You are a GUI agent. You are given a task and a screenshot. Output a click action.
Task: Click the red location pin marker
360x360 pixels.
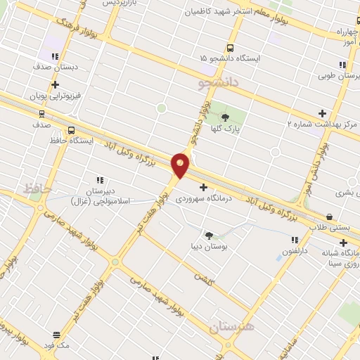(181, 166)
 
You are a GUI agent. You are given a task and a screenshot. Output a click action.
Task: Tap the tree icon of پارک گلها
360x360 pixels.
(226, 117)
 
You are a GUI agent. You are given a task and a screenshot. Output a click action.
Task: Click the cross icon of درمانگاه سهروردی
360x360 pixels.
(204, 188)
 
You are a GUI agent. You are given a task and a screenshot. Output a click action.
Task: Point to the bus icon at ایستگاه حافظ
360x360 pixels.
(70, 130)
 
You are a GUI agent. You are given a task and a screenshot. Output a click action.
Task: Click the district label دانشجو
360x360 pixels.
(219, 83)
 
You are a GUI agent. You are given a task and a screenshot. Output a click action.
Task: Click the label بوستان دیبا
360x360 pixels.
(209, 246)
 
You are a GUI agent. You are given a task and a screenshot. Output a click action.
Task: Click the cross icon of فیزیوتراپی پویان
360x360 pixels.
(54, 84)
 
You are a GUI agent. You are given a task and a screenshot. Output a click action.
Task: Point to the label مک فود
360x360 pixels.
(56, 346)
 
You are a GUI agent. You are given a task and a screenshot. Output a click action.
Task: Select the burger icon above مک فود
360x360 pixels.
(56, 335)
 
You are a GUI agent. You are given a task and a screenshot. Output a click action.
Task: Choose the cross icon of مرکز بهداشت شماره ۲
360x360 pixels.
(322, 113)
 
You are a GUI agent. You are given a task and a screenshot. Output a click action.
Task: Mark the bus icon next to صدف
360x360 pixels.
(41, 113)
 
